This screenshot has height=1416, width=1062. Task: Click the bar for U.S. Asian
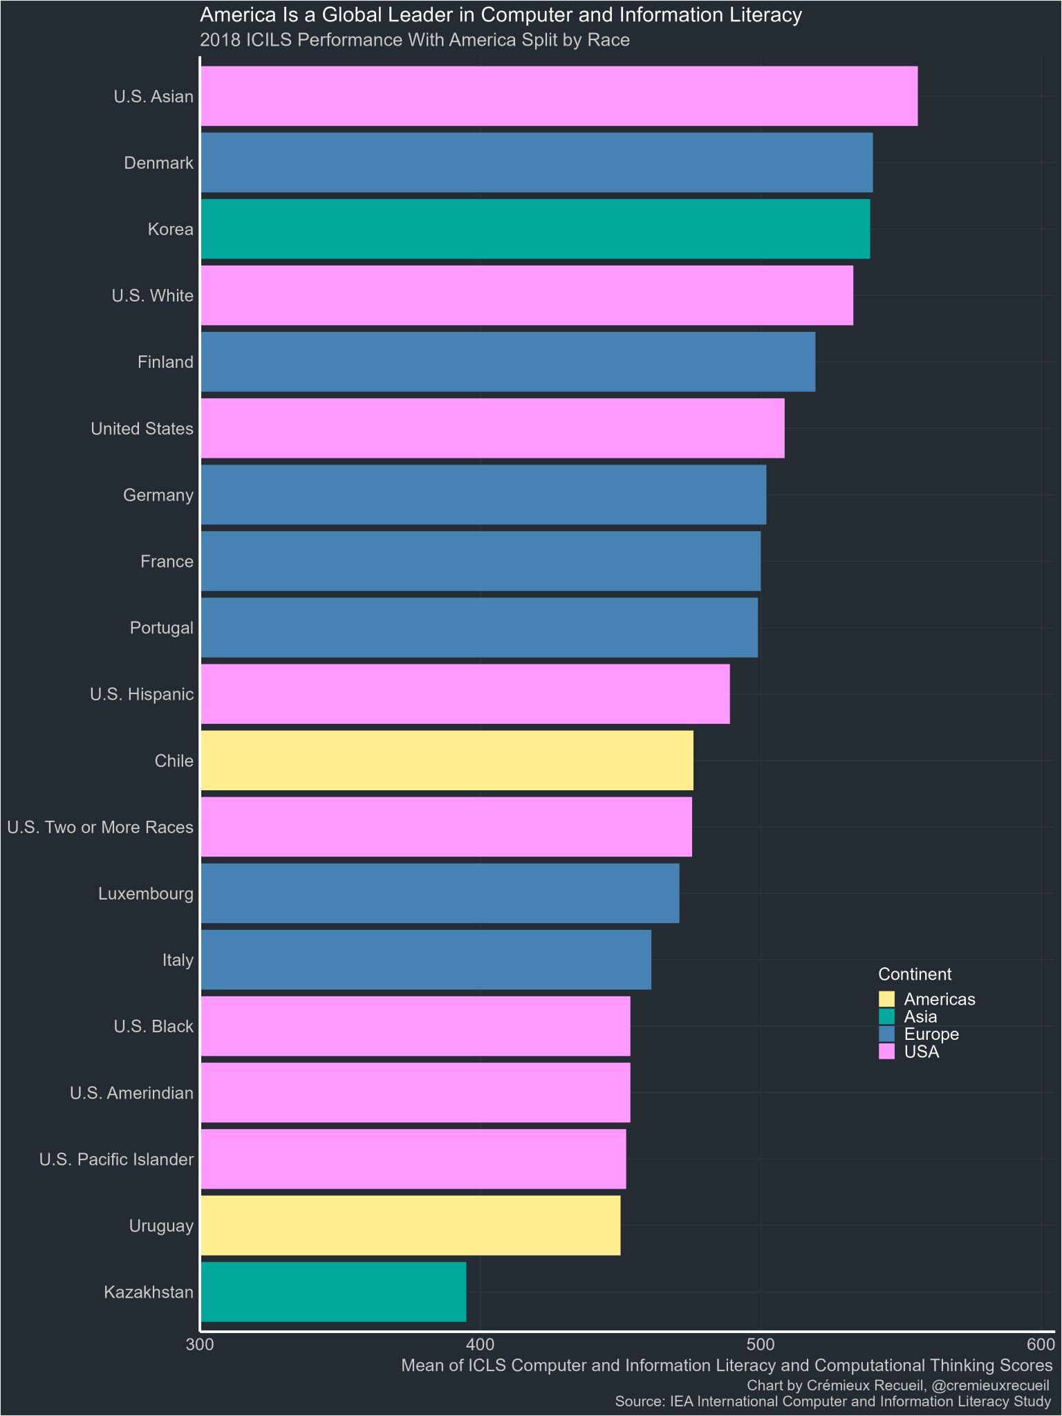pyautogui.click(x=559, y=96)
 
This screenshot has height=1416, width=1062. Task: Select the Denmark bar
pyautogui.click(x=537, y=162)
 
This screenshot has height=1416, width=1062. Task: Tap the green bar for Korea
pyautogui.click(x=535, y=229)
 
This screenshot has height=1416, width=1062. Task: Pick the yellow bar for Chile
pyautogui.click(x=447, y=761)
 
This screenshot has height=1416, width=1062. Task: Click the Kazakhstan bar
pyautogui.click(x=333, y=1292)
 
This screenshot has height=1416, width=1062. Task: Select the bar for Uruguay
pyautogui.click(x=411, y=1226)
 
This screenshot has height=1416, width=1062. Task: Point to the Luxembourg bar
pyautogui.click(x=440, y=893)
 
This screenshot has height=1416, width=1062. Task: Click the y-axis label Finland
pyautogui.click(x=165, y=362)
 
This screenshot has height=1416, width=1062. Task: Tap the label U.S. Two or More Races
pyautogui.click(x=100, y=827)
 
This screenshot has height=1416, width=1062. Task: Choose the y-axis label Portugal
pyautogui.click(x=162, y=628)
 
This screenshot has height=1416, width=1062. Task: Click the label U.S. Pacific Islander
pyautogui.click(x=116, y=1159)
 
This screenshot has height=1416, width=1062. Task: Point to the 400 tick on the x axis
pyautogui.click(x=481, y=1345)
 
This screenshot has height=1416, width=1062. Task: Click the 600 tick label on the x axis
pyautogui.click(x=1041, y=1345)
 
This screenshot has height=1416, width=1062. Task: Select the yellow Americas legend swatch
pyautogui.click(x=886, y=999)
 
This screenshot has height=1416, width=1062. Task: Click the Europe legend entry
pyautogui.click(x=931, y=1034)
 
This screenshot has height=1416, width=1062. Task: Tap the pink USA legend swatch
pyautogui.click(x=886, y=1052)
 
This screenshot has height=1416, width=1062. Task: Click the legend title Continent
pyautogui.click(x=914, y=974)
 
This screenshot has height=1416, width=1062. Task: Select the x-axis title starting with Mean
pyautogui.click(x=727, y=1366)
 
